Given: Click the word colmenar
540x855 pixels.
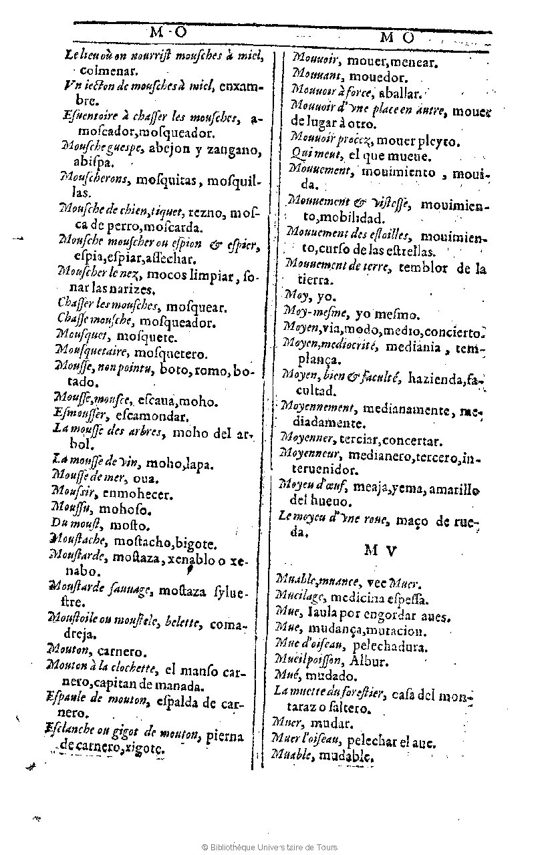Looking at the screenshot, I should (108, 69).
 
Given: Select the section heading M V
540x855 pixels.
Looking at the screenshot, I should (380, 551).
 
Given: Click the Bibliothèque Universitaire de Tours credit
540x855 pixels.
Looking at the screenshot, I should (270, 847).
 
